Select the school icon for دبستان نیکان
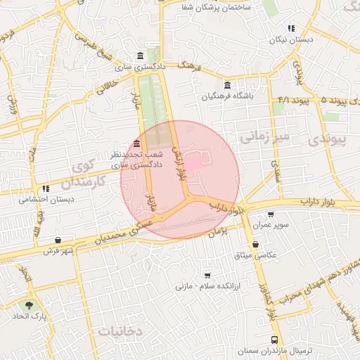pyautogui.click(x=290, y=29)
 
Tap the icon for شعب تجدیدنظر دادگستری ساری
pyautogui.click(x=136, y=143)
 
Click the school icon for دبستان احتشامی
pyautogui.click(x=46, y=188)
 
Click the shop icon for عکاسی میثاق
pyautogui.click(x=255, y=244)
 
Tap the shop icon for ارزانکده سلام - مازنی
pyautogui.click(x=207, y=275)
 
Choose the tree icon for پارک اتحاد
pyautogui.click(x=29, y=306)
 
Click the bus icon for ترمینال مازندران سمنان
pyautogui.click(x=274, y=339)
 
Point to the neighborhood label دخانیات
pyautogui.click(x=120, y=330)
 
